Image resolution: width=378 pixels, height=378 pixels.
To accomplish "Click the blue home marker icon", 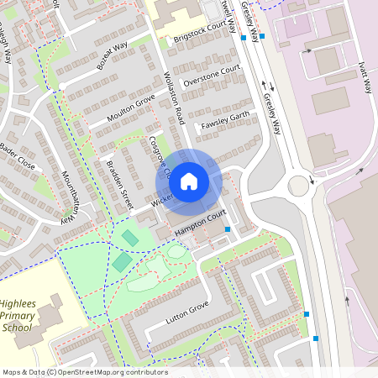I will point(189,181).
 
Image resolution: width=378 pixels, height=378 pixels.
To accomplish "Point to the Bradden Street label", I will point(121,184).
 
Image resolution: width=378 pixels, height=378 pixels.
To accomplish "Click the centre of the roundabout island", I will point(299,186).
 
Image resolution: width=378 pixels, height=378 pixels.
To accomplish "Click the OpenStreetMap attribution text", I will point(85,372).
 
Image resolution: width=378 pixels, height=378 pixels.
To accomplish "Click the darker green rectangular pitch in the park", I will point(123,262).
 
